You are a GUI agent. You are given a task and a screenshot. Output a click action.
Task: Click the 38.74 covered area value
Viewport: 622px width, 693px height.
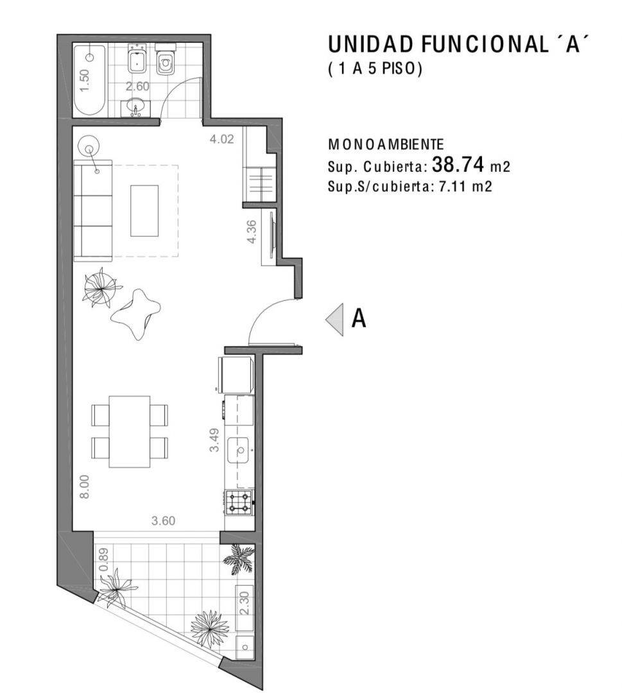click(458, 165)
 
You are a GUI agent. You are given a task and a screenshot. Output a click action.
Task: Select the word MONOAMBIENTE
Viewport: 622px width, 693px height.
click(386, 144)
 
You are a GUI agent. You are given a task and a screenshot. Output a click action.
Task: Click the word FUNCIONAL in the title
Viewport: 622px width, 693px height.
click(483, 44)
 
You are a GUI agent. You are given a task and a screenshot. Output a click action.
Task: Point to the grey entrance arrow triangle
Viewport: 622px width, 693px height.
click(335, 320)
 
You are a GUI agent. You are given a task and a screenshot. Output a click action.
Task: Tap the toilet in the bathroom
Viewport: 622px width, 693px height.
click(166, 61)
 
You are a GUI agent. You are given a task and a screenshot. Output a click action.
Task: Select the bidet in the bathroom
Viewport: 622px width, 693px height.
click(138, 58)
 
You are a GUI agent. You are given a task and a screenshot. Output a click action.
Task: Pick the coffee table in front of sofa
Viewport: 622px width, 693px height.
click(144, 211)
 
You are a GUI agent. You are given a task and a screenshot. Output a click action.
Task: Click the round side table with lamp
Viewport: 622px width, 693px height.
click(89, 146)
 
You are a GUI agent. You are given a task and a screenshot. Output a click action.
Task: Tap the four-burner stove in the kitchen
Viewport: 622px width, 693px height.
click(239, 502)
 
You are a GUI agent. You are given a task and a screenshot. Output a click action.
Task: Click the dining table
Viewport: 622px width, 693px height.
click(130, 431)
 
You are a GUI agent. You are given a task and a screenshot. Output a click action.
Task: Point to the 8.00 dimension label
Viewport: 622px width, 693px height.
click(85, 486)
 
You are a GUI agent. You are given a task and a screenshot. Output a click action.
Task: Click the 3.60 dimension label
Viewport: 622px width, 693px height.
click(163, 520)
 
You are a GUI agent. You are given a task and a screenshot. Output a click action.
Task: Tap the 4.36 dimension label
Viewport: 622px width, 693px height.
click(252, 232)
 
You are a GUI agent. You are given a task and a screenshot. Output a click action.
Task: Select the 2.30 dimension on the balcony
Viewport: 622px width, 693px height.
click(245, 603)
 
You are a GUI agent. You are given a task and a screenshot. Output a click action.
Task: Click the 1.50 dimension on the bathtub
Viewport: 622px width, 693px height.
click(85, 80)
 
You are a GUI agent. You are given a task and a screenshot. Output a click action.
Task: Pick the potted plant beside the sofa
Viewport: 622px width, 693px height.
click(101, 288)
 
